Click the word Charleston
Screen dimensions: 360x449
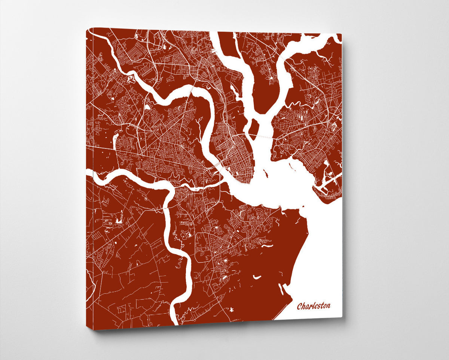click(314, 306)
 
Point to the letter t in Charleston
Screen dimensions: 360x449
click(321, 305)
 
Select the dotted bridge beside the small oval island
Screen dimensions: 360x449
click(262, 136)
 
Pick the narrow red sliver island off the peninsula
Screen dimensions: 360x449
click(265, 173)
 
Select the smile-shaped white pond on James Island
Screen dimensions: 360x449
click(256, 277)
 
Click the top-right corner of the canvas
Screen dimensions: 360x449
click(341, 34)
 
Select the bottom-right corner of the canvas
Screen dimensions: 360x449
click(342, 317)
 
